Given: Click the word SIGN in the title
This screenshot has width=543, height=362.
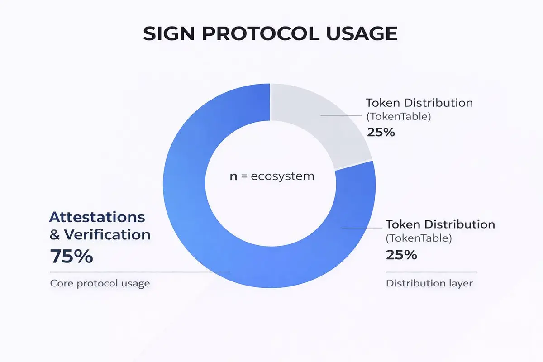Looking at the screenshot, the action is pos(169,33).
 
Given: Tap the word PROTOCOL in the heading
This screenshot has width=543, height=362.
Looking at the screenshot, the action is pos(261,33).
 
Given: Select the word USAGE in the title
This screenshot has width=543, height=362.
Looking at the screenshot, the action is pos(362,33).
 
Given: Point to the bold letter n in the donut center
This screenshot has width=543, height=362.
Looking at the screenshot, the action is pos(233,176).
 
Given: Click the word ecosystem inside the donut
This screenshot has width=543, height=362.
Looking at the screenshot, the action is pos(282,176).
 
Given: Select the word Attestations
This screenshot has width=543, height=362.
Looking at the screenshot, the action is pos(97,217).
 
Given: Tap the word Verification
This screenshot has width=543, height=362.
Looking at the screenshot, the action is pos(107,235).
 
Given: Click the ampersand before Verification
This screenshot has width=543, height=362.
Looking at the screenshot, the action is pos(55,235).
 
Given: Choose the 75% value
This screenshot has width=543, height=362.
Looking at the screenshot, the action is pos(71,256).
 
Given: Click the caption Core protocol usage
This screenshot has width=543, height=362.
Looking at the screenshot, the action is pos(100,283).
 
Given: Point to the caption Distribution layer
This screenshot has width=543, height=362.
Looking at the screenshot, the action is pos(429,283).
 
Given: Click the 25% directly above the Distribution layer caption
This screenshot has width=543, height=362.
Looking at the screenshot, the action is pos(401,255).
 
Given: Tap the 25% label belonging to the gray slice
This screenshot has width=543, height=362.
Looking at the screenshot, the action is pos(381,133).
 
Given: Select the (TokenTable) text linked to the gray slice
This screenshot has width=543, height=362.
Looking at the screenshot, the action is pos(399,117).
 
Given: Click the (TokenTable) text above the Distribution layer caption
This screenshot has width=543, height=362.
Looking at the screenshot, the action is pos(419,238).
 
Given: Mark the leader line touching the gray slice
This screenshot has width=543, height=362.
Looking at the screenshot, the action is pos(341,115).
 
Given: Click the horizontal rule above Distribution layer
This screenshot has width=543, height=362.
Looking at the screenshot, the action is pos(432,272).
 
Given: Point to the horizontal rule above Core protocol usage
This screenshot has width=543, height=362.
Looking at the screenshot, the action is pos(140,272).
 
